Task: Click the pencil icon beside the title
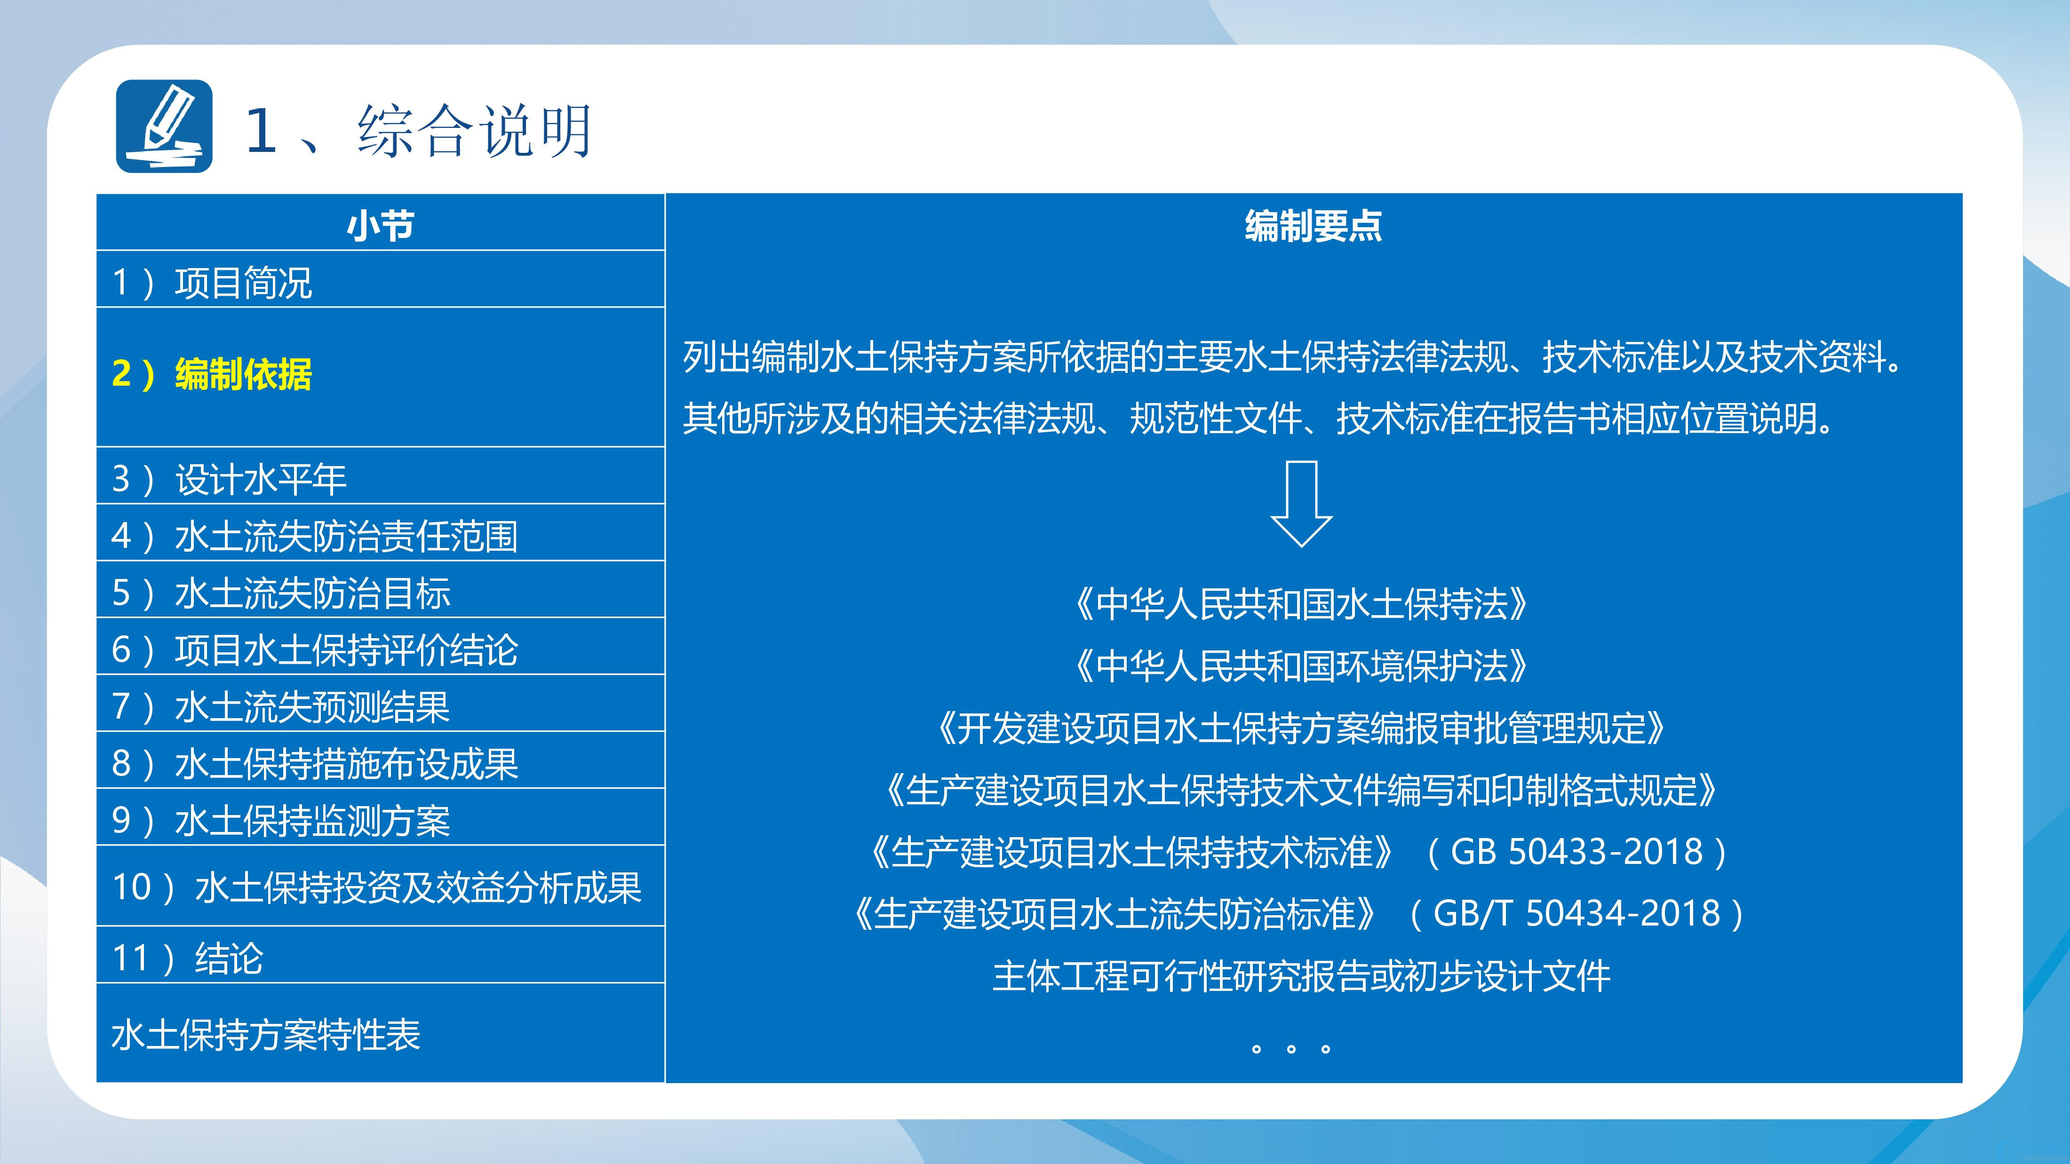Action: [164, 126]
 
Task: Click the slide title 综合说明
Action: [475, 130]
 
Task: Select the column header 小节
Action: [380, 226]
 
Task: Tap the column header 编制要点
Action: [1313, 226]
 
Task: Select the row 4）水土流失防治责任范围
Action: [314, 536]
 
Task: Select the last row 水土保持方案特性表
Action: [265, 1035]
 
